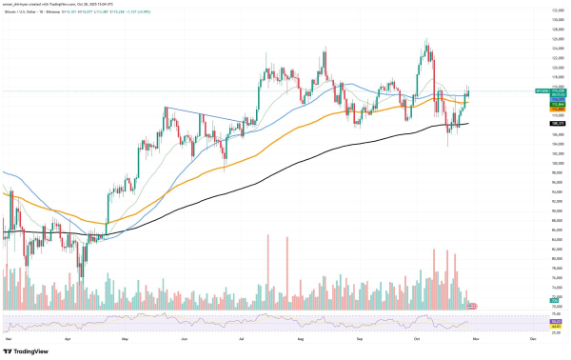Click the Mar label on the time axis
9,337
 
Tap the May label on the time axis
127,337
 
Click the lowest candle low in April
79,278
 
